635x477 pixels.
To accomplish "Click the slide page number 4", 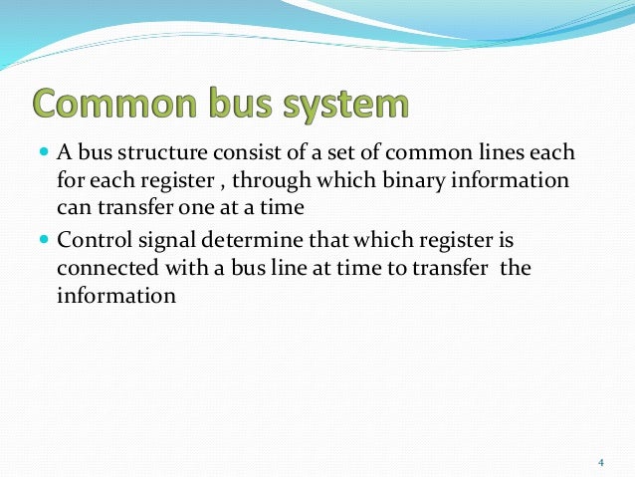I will pyautogui.click(x=600, y=461).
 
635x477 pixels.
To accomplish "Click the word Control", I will pyautogui.click(x=91, y=240).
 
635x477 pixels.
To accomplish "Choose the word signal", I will pyautogui.click(x=161, y=241).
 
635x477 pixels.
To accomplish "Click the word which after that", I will pyautogui.click(x=354, y=240).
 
